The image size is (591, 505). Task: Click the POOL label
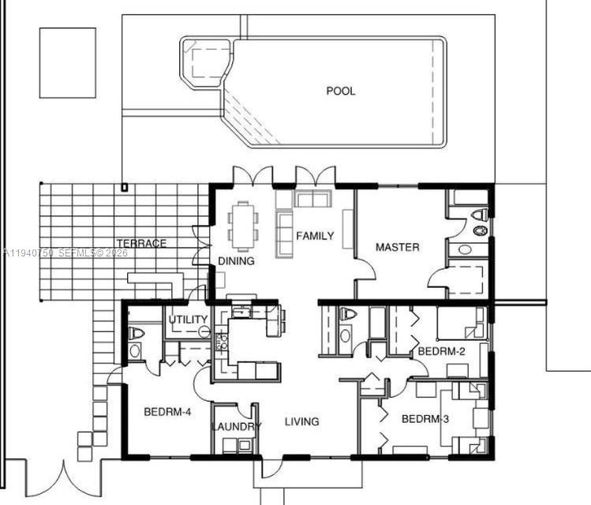pyautogui.click(x=341, y=91)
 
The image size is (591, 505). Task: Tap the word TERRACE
pyautogui.click(x=141, y=243)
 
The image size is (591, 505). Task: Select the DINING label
pyautogui.click(x=236, y=261)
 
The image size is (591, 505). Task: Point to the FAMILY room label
pyautogui.click(x=315, y=236)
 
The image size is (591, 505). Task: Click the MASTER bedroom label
pyautogui.click(x=397, y=247)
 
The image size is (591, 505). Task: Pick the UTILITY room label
pyautogui.click(x=189, y=320)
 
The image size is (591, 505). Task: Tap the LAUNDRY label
pyautogui.click(x=236, y=427)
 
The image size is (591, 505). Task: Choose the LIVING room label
pyautogui.click(x=301, y=421)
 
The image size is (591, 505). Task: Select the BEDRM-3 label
pyautogui.click(x=425, y=419)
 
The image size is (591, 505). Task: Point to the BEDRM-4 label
pyautogui.click(x=167, y=411)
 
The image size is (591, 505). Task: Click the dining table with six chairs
pyautogui.click(x=242, y=224)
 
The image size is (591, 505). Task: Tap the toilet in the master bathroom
pyautogui.click(x=480, y=215)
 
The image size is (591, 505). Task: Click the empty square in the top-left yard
pyautogui.click(x=67, y=62)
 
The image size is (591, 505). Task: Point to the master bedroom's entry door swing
pyautogui.click(x=365, y=268)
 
